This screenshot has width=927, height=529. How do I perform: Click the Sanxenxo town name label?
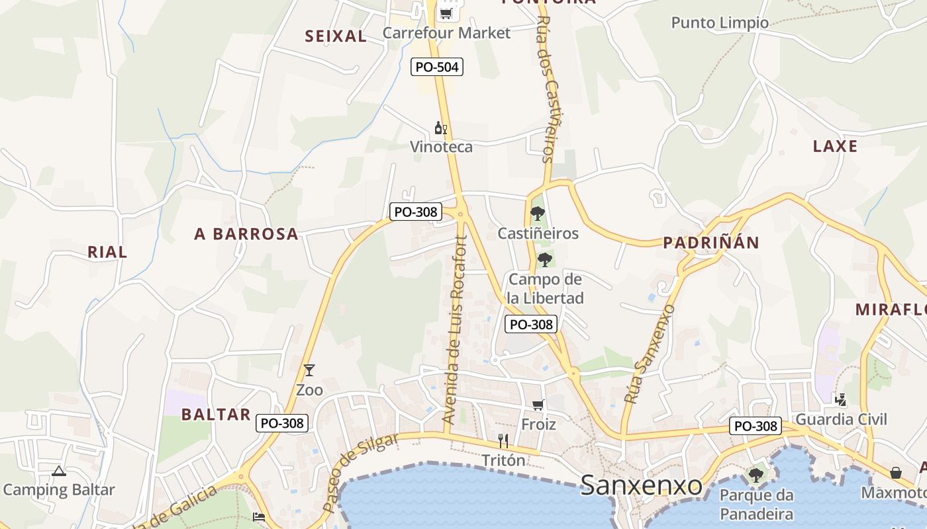[641, 486]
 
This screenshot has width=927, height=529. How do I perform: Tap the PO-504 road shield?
[436, 67]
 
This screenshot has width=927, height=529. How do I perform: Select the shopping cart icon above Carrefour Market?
[446, 13]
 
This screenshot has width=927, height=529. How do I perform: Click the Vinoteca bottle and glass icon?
[440, 128]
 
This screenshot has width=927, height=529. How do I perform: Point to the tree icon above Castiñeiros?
[538, 214]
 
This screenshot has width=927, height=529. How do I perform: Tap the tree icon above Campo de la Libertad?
[545, 259]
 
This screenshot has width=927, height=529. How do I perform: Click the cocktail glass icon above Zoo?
[309, 370]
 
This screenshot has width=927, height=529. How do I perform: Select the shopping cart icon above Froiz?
[538, 405]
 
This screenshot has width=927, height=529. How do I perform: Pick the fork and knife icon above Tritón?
[503, 441]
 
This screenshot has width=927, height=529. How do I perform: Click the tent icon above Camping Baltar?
[59, 471]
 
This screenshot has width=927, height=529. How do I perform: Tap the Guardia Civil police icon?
[841, 399]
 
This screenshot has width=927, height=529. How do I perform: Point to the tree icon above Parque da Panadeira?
[756, 475]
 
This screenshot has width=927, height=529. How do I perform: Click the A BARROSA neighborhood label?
[246, 234]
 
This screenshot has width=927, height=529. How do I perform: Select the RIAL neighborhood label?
[107, 252]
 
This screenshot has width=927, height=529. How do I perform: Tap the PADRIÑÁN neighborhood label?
[711, 243]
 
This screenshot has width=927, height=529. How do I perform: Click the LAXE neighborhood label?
[835, 146]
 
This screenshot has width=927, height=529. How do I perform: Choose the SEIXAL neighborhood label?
[336, 36]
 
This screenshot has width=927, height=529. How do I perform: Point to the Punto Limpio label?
[720, 23]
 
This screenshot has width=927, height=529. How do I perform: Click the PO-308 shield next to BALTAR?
[283, 423]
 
